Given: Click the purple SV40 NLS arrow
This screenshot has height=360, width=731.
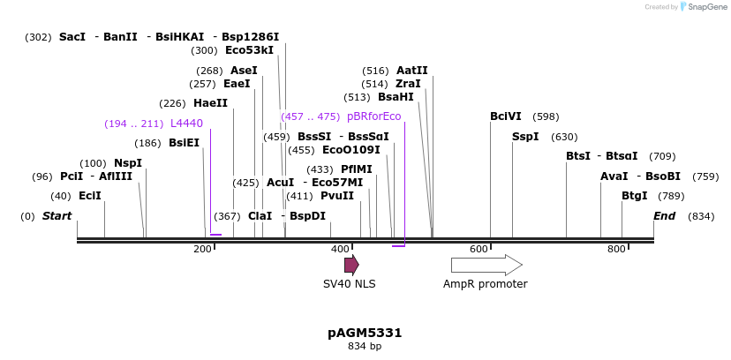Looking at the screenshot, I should coord(351,265).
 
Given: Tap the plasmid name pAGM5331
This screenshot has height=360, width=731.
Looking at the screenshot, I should coord(365,333).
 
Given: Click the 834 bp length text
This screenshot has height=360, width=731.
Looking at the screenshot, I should coord(365,347).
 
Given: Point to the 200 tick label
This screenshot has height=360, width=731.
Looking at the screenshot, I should coord(203,250).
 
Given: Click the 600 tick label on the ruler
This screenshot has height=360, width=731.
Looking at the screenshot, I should coord(479,250).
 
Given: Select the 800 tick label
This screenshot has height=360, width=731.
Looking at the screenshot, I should coord(616,250).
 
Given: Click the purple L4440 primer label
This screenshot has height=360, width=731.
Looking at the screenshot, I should coord(186,124).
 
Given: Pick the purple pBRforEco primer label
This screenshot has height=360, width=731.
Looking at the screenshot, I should coord(373,116).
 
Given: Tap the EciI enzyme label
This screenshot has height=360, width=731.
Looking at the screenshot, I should coord(90,196).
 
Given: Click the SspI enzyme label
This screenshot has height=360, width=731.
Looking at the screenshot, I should coord(525,137).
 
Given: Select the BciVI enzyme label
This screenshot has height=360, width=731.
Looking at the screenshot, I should coord(506,116).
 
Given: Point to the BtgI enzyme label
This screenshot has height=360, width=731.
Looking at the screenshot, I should coord(634,196).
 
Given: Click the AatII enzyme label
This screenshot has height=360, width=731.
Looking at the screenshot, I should coord(411,71).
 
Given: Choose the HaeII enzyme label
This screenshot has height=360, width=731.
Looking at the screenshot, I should coord(210,103).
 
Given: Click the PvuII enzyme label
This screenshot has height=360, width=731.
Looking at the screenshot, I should coord(336,196).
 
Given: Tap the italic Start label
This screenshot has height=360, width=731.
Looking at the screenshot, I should coord(57,216).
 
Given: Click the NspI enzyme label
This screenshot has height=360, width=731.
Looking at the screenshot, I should coord(128,163).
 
